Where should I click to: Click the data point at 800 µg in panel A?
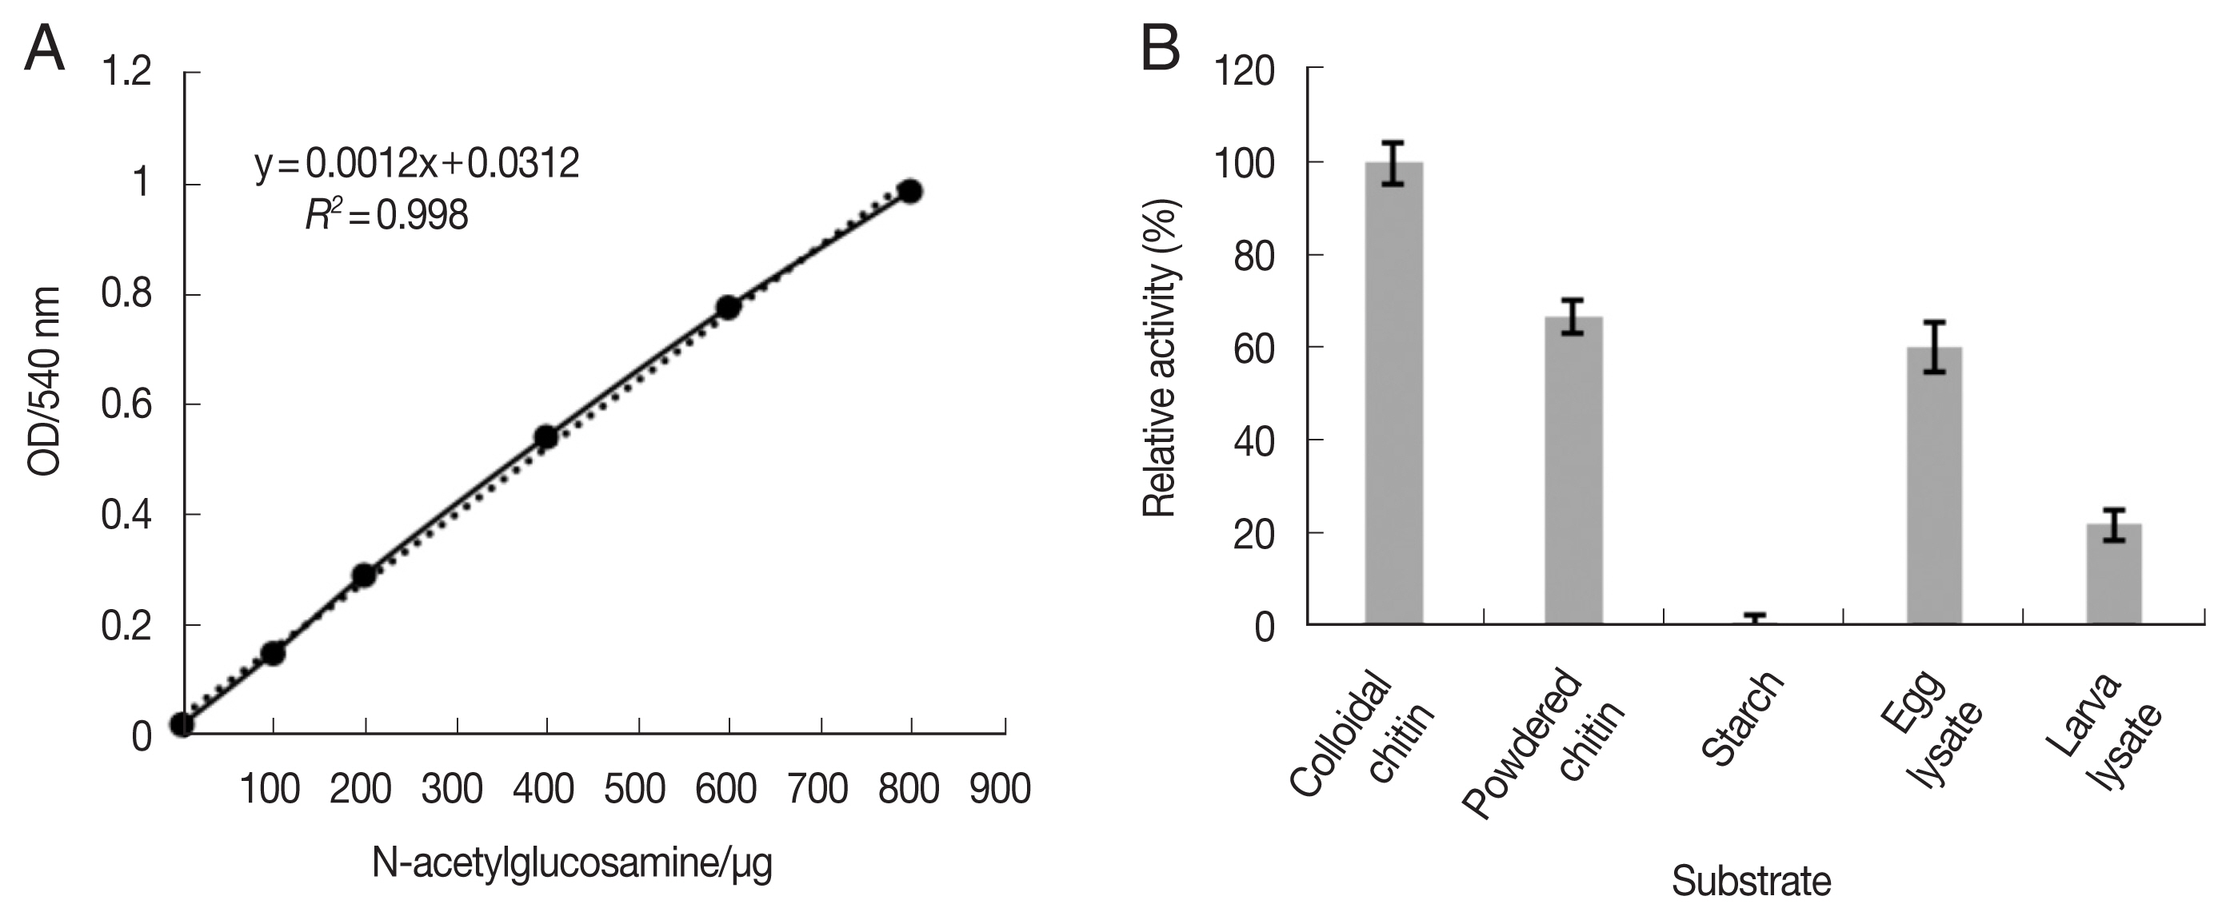click(909, 191)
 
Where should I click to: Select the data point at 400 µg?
click(546, 437)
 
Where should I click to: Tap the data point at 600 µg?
click(728, 307)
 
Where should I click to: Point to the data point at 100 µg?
click(273, 654)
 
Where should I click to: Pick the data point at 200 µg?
click(364, 575)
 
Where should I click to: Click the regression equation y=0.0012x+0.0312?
click(418, 164)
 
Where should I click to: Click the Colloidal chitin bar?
click(1393, 393)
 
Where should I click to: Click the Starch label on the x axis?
click(1742, 719)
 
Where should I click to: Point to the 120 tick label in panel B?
click(1245, 70)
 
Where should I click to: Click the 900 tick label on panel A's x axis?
click(1000, 789)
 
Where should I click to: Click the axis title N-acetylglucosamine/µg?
click(571, 864)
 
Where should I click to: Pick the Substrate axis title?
click(1750, 882)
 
